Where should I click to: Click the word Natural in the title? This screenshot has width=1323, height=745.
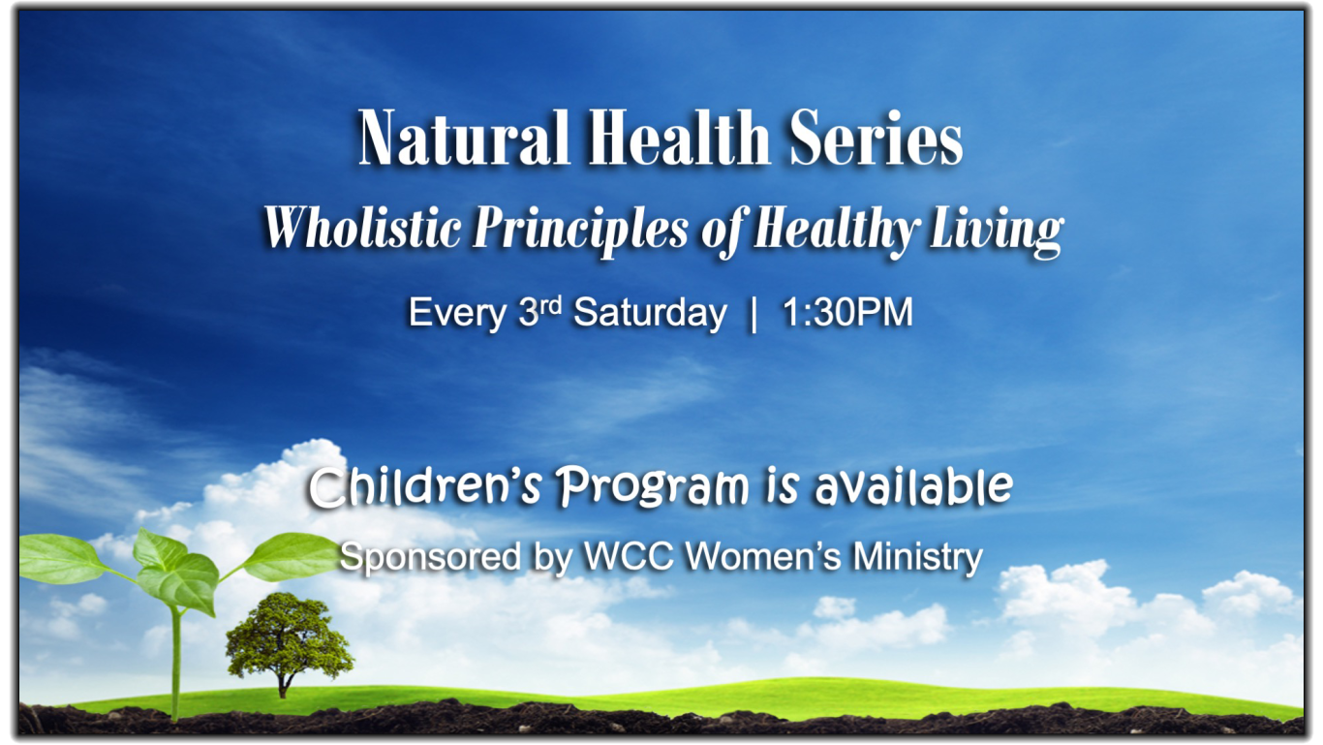click(464, 137)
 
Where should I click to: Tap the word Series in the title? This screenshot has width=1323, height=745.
click(876, 137)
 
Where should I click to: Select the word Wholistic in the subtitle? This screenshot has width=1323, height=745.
click(362, 228)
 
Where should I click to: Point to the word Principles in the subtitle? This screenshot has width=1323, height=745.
click(580, 231)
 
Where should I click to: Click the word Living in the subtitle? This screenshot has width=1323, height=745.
click(997, 232)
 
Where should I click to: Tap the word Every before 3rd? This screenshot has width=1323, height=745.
click(456, 313)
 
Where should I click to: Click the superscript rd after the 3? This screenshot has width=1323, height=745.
click(550, 306)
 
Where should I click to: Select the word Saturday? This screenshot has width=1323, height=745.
click(650, 313)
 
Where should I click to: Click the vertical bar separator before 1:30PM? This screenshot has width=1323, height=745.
click(753, 314)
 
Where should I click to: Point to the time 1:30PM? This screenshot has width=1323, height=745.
click(847, 312)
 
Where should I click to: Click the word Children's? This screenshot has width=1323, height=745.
click(424, 487)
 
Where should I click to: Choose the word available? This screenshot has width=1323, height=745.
click(913, 487)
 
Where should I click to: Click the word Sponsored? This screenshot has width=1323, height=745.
click(430, 556)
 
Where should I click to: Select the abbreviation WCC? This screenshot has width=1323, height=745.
click(629, 555)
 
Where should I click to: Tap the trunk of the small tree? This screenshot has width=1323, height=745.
click(284, 685)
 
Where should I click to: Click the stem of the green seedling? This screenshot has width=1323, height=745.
click(175, 662)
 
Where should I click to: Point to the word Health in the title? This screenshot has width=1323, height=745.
click(680, 137)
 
